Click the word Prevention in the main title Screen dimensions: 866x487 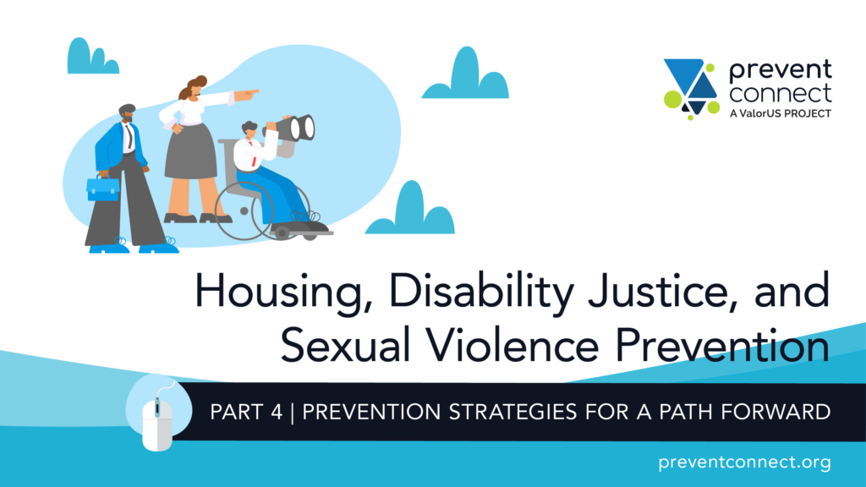click(x=722, y=345)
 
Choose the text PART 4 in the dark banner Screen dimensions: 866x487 click(x=246, y=412)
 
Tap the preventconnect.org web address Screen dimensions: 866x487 click(x=744, y=462)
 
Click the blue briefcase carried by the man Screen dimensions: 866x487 click(x=102, y=189)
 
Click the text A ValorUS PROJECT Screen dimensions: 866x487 click(x=780, y=113)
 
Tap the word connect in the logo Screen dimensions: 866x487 click(x=780, y=93)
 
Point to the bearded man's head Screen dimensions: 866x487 click(x=127, y=114)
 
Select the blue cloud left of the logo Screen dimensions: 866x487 click(x=465, y=74)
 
